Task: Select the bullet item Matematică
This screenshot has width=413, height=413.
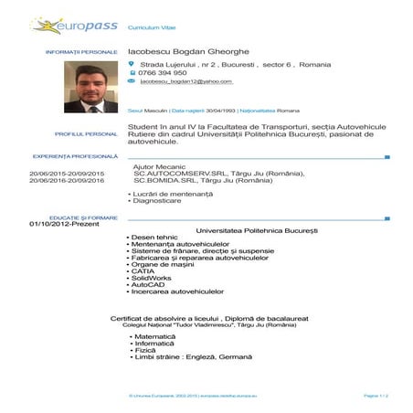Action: click(153, 335)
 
